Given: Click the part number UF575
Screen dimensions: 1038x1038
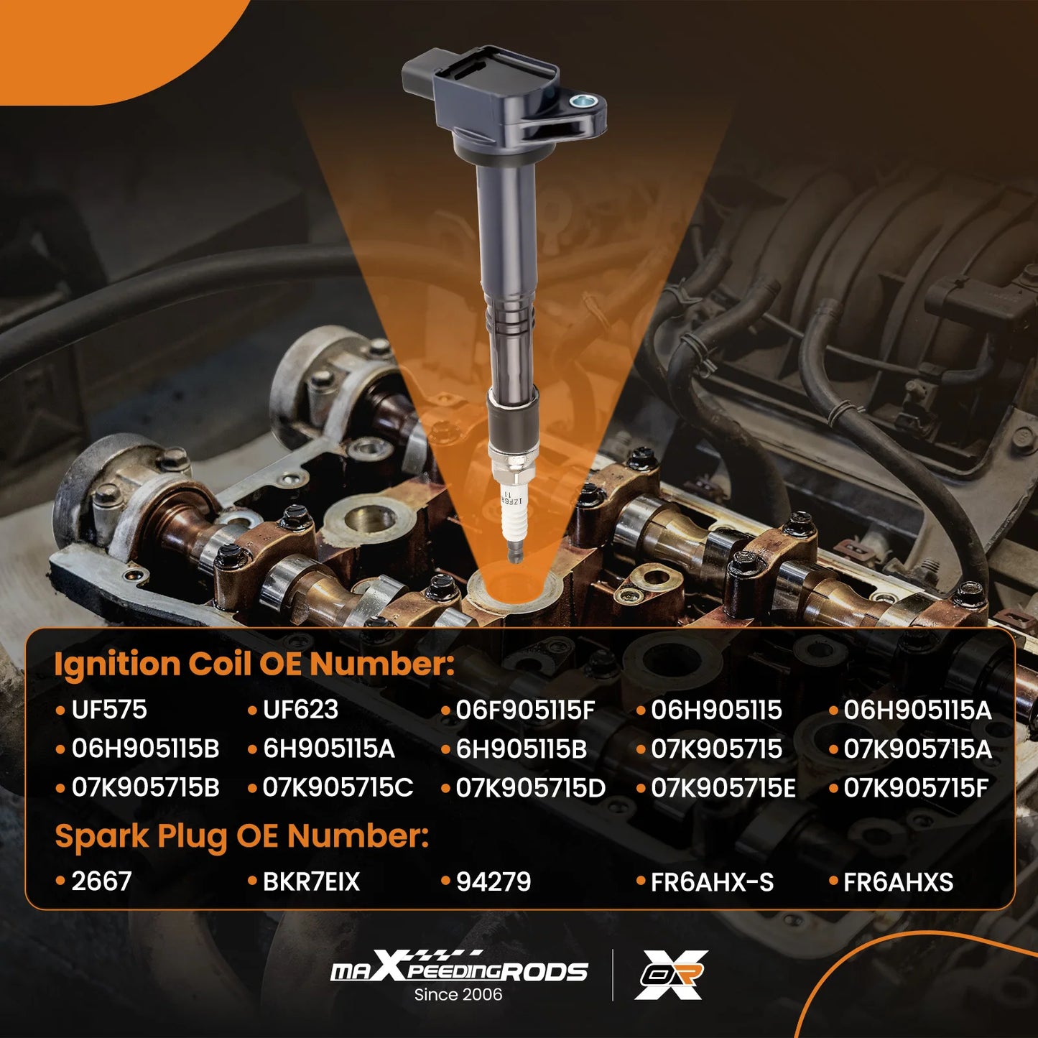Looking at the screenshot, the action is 108,710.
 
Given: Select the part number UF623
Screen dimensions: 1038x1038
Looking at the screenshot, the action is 300,710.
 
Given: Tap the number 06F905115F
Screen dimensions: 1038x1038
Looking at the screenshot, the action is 525,710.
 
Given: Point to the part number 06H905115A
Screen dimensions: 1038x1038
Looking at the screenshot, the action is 917,710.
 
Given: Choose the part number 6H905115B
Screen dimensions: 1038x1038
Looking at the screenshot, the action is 522,749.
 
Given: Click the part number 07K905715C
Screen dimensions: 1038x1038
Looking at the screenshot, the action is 338,787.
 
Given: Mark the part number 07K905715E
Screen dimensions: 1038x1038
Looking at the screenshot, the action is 723,788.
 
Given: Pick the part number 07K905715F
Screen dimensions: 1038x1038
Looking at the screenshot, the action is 916,788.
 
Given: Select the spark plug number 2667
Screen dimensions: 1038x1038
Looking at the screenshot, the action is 101,882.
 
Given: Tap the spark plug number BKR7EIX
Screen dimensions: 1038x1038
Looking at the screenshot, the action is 311,882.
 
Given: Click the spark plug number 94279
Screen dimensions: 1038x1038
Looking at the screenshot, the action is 493,882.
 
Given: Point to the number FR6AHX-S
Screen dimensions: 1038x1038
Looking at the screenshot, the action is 712,882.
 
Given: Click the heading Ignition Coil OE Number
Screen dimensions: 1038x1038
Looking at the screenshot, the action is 254,664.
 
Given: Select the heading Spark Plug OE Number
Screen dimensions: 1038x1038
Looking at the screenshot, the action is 242,838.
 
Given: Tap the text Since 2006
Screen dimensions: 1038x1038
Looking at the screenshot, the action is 458,994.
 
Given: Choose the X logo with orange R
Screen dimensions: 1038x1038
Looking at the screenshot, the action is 671,975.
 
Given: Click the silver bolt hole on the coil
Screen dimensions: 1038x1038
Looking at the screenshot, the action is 583,100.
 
